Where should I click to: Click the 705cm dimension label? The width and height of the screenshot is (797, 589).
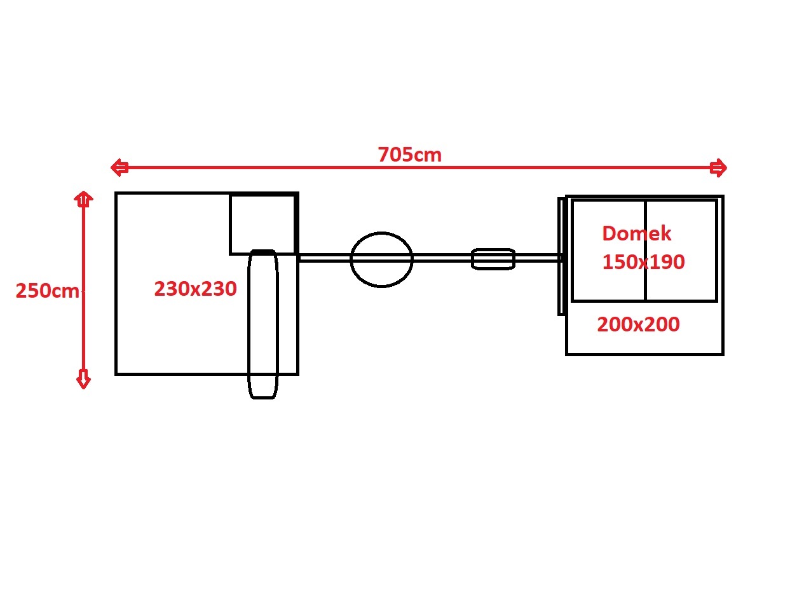(x=409, y=155)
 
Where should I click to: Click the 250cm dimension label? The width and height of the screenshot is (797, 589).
(x=47, y=291)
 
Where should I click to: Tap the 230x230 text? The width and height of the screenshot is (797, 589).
(x=195, y=288)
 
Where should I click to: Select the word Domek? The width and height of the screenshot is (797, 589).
(x=636, y=233)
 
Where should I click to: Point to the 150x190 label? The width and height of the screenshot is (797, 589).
(x=643, y=262)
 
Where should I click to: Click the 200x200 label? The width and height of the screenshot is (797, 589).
(x=638, y=324)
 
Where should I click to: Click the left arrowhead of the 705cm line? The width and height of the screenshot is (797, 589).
(x=119, y=167)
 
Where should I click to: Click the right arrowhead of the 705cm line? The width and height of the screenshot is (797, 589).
(x=718, y=167)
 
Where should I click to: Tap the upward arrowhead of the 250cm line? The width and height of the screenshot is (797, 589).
(x=83, y=199)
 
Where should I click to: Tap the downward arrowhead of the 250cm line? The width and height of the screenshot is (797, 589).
(x=83, y=379)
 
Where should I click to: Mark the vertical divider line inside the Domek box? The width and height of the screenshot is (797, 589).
(x=646, y=250)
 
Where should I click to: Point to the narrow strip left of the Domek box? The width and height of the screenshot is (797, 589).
(x=561, y=256)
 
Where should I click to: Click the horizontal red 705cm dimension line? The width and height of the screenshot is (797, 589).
(x=419, y=167)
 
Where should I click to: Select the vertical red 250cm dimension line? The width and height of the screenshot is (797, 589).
(x=83, y=290)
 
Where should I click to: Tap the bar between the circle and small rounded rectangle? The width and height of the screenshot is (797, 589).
(x=442, y=258)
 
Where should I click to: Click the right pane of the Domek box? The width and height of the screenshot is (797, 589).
(x=681, y=250)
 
